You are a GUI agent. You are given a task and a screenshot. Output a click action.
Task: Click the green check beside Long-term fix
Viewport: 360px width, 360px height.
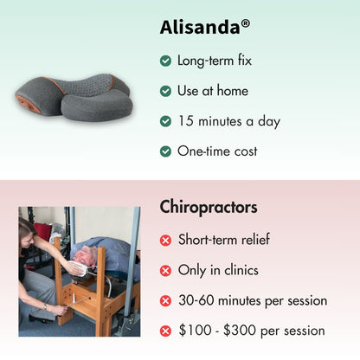165,61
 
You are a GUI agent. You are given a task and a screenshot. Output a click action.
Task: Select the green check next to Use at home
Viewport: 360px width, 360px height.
165,91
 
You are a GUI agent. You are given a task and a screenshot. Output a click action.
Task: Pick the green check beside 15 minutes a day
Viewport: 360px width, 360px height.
165,121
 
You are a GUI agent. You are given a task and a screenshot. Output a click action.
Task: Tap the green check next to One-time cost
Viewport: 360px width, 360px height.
165,151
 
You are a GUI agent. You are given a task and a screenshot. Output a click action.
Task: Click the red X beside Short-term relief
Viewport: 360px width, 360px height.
165,241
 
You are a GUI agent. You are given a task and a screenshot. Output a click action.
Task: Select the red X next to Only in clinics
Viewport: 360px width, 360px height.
165,271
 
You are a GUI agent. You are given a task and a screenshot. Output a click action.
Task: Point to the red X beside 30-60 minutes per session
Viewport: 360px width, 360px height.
165,301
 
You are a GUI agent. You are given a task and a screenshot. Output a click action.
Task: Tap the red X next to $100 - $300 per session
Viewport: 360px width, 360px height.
165,331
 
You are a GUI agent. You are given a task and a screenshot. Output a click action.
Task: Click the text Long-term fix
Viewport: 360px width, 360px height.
214,61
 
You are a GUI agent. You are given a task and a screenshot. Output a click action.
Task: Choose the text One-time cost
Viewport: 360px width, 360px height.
217,151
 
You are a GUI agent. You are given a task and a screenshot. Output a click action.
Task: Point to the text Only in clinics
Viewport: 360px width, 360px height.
218,271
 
